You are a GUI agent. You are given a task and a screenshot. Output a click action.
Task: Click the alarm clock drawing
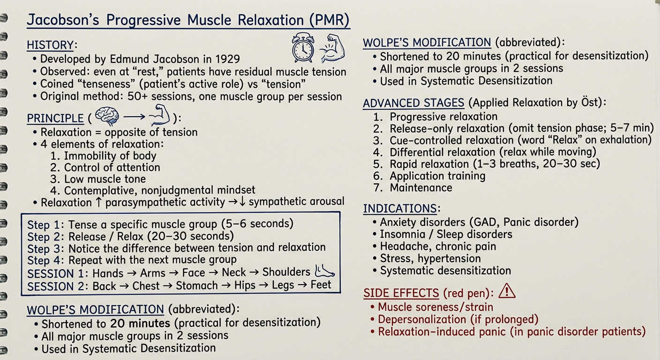[303, 48]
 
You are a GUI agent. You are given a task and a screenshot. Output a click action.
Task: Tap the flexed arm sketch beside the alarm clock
[332, 48]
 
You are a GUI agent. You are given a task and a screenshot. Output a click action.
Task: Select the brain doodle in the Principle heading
[107, 116]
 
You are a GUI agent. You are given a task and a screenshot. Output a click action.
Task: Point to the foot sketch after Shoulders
[324, 271]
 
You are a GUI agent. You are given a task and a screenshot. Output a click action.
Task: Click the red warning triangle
[507, 291]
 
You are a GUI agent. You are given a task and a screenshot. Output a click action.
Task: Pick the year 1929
[227, 59]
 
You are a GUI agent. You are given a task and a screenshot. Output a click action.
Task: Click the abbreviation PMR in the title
[329, 20]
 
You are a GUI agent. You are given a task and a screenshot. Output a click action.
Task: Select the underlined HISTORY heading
[50, 45]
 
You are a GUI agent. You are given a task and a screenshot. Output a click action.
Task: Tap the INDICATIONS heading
[400, 208]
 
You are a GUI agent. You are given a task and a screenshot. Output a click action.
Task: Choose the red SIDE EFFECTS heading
[401, 293]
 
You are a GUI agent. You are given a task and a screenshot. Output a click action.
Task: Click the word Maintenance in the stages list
[421, 187]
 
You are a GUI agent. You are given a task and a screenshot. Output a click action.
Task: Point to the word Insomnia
[402, 234]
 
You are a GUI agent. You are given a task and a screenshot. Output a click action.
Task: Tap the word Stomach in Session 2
[197, 285]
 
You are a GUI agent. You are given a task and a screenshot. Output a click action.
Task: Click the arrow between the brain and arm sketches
[134, 117]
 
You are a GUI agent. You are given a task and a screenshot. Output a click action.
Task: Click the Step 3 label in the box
[45, 249]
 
